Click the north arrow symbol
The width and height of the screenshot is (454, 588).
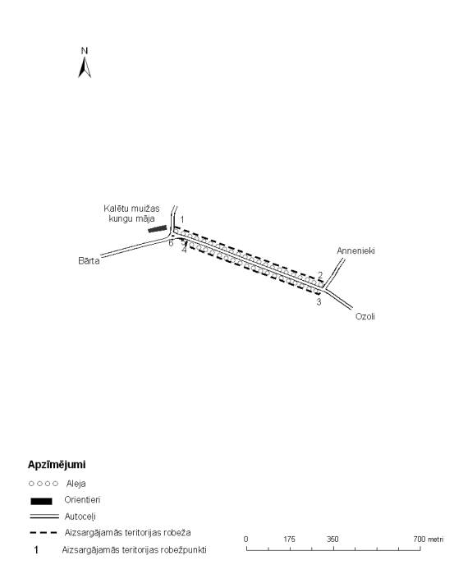pyautogui.click(x=85, y=67)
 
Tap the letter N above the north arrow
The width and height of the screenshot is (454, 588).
pyautogui.click(x=85, y=51)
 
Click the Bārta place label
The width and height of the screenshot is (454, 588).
pyautogui.click(x=89, y=260)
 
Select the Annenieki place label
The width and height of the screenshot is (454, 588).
pyautogui.click(x=355, y=250)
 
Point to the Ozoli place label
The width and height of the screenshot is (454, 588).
pyautogui.click(x=365, y=316)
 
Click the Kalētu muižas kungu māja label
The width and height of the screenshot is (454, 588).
pyautogui.click(x=131, y=214)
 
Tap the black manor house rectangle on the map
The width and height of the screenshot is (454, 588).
pyautogui.click(x=158, y=228)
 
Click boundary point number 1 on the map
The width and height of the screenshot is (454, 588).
pyautogui.click(x=182, y=219)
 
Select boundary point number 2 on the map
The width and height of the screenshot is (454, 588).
pyautogui.click(x=320, y=275)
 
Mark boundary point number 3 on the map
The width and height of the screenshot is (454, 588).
pyautogui.click(x=319, y=302)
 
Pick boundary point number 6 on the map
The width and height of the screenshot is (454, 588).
pyautogui.click(x=171, y=243)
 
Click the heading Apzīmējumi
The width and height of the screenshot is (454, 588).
pyautogui.click(x=57, y=465)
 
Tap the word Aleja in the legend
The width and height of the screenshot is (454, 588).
pyautogui.click(x=76, y=484)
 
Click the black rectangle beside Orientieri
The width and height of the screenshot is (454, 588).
pyautogui.click(x=41, y=501)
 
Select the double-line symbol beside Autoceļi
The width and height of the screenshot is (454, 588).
pyautogui.click(x=44, y=517)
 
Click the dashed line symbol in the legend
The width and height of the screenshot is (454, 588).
pyautogui.click(x=44, y=532)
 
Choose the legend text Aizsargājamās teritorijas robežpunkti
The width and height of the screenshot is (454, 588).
pyautogui.click(x=134, y=550)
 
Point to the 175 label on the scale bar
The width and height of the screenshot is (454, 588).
pyautogui.click(x=289, y=540)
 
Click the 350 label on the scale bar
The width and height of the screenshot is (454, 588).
pyautogui.click(x=332, y=540)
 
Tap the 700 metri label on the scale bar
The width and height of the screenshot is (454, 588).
pyautogui.click(x=428, y=540)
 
